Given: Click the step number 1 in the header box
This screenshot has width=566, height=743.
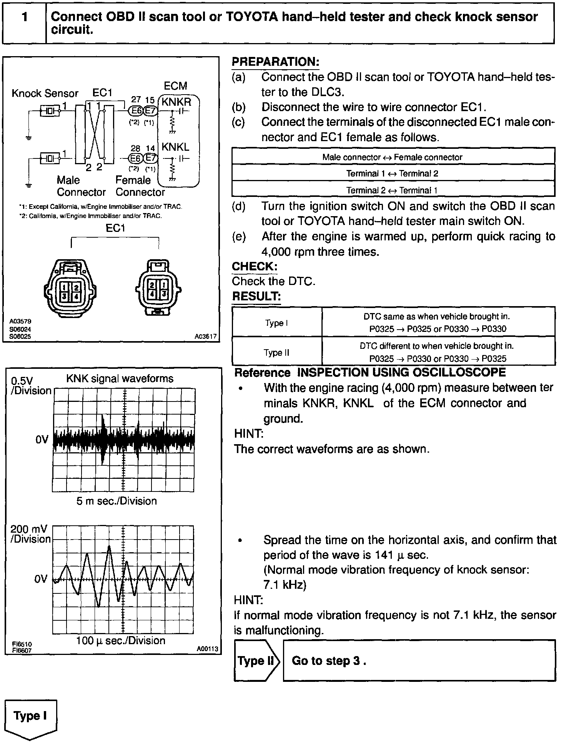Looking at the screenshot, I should [x=25, y=18].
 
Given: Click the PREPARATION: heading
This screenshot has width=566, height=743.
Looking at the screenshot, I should [x=275, y=62].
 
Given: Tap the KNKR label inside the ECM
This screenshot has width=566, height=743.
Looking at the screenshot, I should [x=176, y=102].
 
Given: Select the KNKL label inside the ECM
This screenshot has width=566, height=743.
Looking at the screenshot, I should [x=175, y=147].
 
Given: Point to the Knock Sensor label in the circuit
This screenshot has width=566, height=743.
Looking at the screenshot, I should [x=45, y=93].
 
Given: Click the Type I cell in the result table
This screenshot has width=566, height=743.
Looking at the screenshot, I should [x=276, y=323].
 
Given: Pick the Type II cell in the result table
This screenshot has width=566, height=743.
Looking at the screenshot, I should [x=276, y=352].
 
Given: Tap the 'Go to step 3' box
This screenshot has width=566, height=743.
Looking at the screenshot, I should [x=419, y=661].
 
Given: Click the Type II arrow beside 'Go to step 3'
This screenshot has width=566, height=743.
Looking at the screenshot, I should [x=256, y=661].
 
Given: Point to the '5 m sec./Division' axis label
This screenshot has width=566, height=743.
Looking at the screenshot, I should [x=117, y=501].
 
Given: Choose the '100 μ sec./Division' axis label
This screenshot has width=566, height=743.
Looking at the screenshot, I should [x=121, y=640].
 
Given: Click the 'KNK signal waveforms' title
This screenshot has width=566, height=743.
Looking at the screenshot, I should [x=120, y=379].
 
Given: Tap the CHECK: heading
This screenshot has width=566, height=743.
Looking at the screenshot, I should [x=255, y=267].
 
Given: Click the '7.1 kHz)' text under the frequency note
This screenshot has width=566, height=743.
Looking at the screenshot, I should [x=285, y=585].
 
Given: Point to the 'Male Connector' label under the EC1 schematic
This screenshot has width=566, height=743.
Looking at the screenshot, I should [x=81, y=186].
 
